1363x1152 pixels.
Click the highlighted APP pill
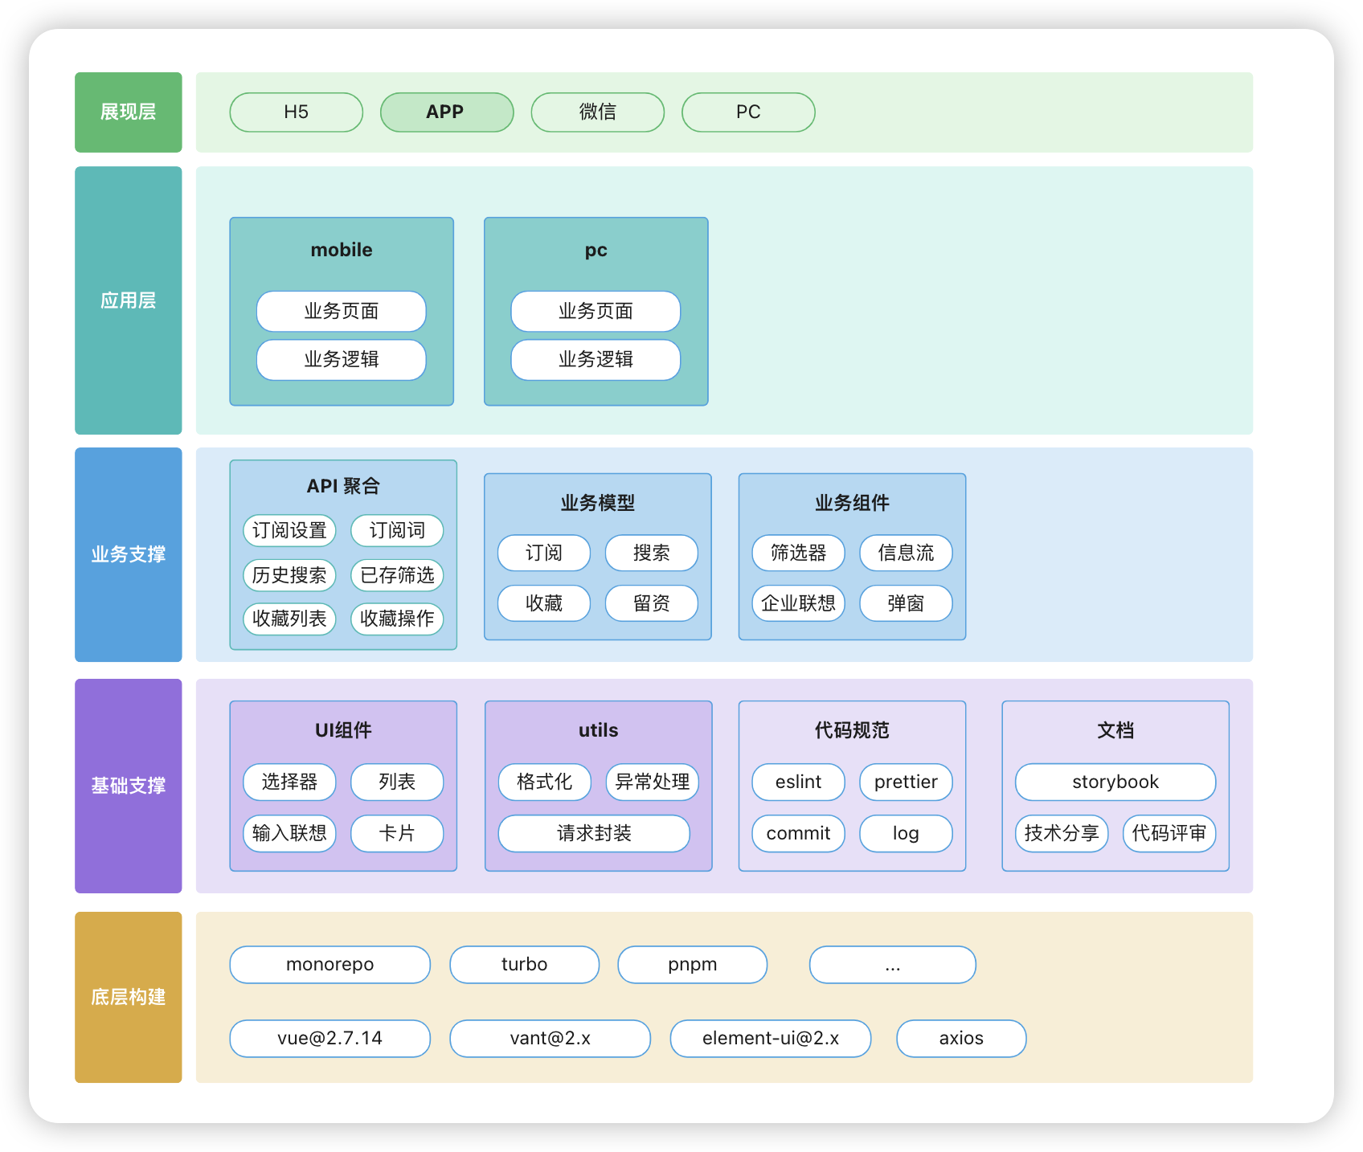coord(447,112)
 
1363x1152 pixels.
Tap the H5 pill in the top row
coord(297,112)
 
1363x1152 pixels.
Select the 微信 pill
coord(598,112)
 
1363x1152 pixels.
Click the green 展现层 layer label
coord(129,112)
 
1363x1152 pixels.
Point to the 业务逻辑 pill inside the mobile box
coord(342,360)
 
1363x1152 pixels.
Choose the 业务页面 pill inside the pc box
coord(596,311)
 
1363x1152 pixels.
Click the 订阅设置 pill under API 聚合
coord(289,530)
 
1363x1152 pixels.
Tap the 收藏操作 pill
coord(397,619)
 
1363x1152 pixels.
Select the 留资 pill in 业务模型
coord(652,603)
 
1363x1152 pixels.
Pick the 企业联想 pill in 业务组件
coord(799,603)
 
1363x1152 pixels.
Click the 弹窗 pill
coord(907,603)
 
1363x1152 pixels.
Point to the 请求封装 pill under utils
coord(594,833)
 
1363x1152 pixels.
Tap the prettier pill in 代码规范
coord(907,782)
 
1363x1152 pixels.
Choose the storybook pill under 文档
coord(1115,782)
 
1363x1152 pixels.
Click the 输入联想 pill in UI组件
coord(289,833)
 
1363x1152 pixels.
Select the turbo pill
coord(525,964)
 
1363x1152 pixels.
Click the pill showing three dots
coord(893,964)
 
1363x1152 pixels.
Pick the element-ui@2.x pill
coord(771,1038)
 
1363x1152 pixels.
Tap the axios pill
coord(961,1038)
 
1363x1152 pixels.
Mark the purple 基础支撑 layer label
coord(129,786)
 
